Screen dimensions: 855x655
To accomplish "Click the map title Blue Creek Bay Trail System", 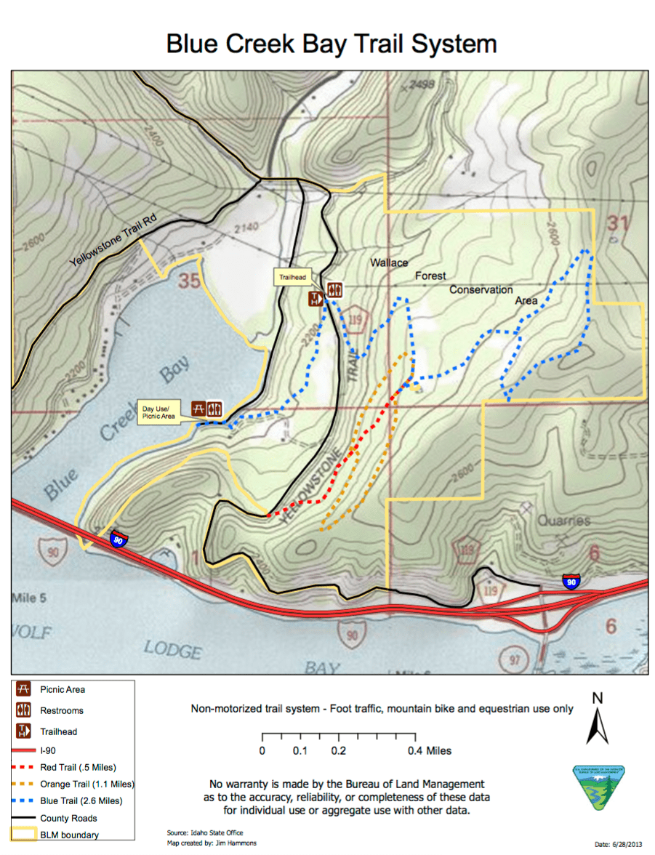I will (x=331, y=44).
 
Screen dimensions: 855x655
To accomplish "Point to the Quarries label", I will (x=564, y=521).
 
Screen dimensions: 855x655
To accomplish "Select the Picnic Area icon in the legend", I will (x=23, y=689).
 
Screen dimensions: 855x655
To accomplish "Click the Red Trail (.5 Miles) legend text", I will (x=78, y=767).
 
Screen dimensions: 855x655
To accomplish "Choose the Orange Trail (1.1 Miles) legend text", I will (x=87, y=784).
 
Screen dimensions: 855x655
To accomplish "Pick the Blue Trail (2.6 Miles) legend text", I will (x=81, y=800).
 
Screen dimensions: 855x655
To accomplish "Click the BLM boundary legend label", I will (x=69, y=835).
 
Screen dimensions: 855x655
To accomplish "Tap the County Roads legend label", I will (x=68, y=818).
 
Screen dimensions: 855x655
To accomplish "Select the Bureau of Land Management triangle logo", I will (x=598, y=787).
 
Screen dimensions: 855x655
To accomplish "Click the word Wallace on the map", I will (x=389, y=262).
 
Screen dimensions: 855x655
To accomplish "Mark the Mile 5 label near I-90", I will (x=29, y=598).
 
